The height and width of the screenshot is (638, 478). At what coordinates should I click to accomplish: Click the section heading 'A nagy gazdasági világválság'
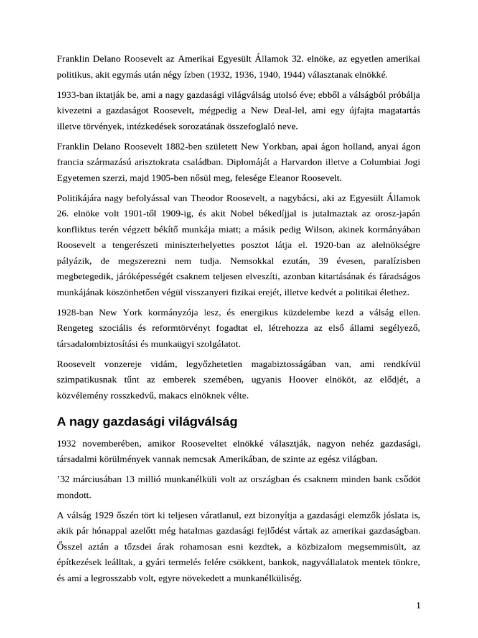[148, 422]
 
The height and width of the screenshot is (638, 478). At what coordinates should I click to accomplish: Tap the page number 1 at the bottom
[418, 605]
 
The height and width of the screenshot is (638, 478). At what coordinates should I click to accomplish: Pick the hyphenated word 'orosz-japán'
[396, 214]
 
